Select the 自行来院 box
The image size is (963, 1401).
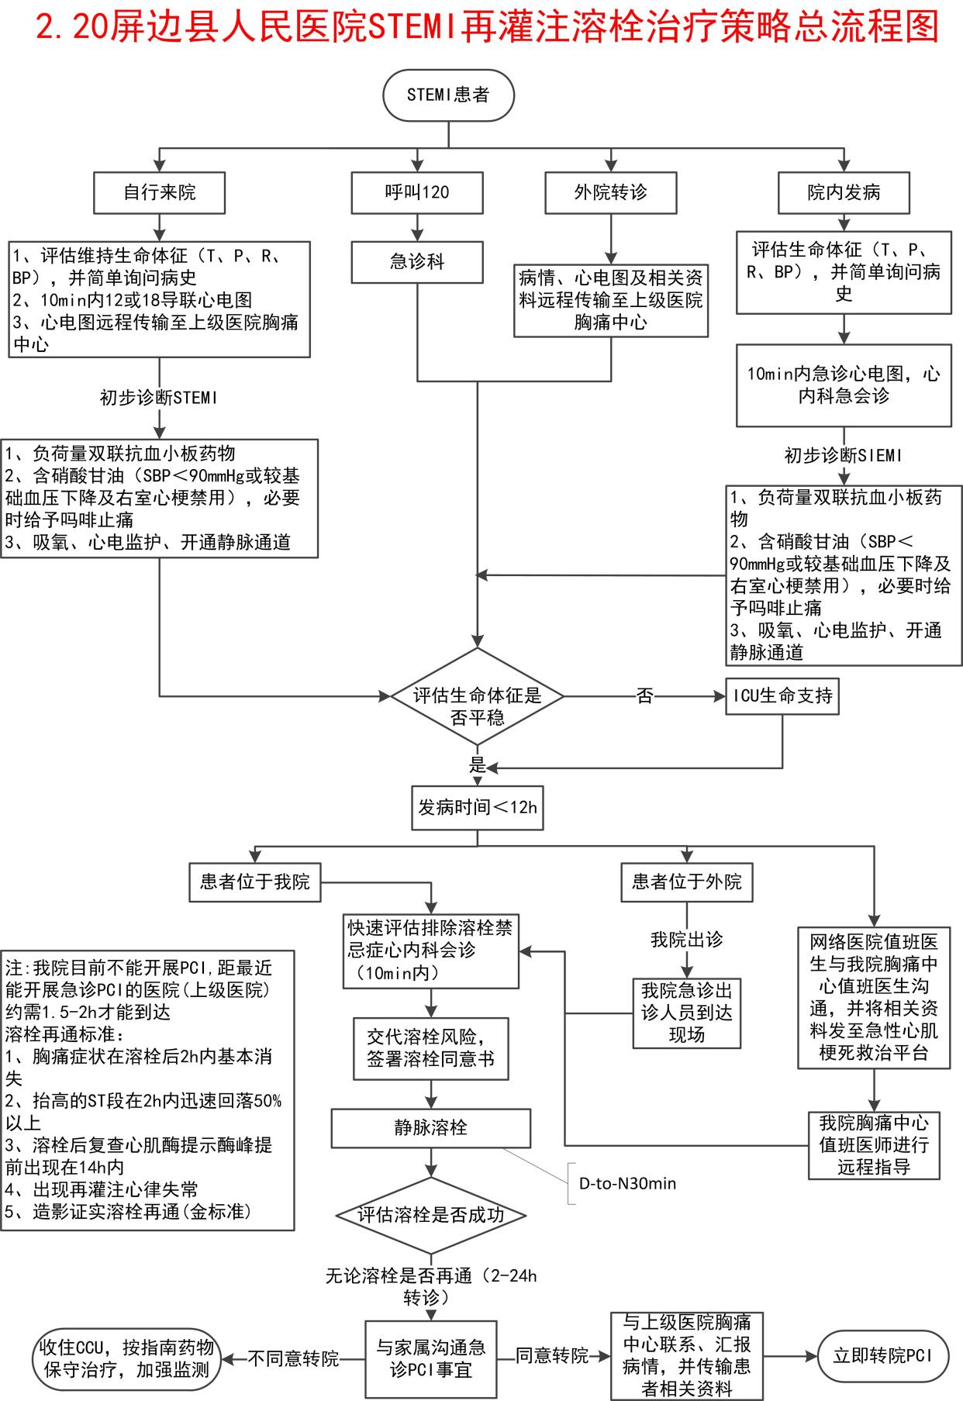[159, 192]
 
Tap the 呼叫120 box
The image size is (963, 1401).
[417, 192]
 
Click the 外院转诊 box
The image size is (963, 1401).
[610, 192]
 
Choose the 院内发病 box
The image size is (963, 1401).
[844, 192]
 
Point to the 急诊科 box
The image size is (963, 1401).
[417, 262]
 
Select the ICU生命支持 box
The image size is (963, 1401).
[782, 696]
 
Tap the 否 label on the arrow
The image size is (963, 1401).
[644, 696]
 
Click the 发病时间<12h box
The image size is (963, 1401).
[477, 808]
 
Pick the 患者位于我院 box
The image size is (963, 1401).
[255, 882]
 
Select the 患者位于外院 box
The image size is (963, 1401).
[686, 882]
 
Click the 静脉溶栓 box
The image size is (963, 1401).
[431, 1128]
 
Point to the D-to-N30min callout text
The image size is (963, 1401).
[627, 1184]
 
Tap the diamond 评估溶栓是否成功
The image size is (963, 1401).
[431, 1215]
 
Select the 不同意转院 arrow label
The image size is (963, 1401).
[293, 1358]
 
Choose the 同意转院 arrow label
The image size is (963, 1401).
[552, 1356]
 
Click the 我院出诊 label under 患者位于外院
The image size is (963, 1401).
[686, 940]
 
